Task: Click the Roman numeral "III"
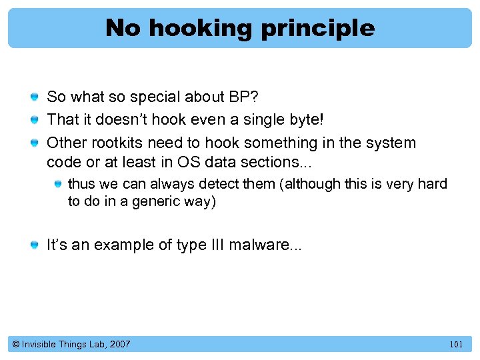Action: click(x=214, y=245)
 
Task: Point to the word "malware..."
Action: click(x=265, y=245)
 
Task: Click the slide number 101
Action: click(x=456, y=345)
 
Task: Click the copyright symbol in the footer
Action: click(x=15, y=345)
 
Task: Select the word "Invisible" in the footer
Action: click(x=39, y=344)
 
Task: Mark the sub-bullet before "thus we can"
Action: click(x=59, y=184)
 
